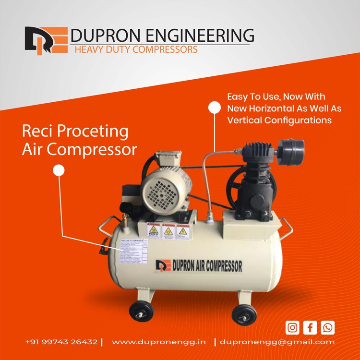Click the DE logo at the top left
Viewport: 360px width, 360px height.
coord(46,40)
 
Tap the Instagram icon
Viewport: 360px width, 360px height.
coord(292,328)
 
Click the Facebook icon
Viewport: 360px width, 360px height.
coord(310,328)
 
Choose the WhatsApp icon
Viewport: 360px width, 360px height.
coord(328,328)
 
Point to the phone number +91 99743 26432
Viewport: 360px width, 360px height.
coord(61,342)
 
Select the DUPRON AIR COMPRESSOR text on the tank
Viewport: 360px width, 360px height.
coord(199,265)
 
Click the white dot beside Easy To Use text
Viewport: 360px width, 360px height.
coord(214,108)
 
